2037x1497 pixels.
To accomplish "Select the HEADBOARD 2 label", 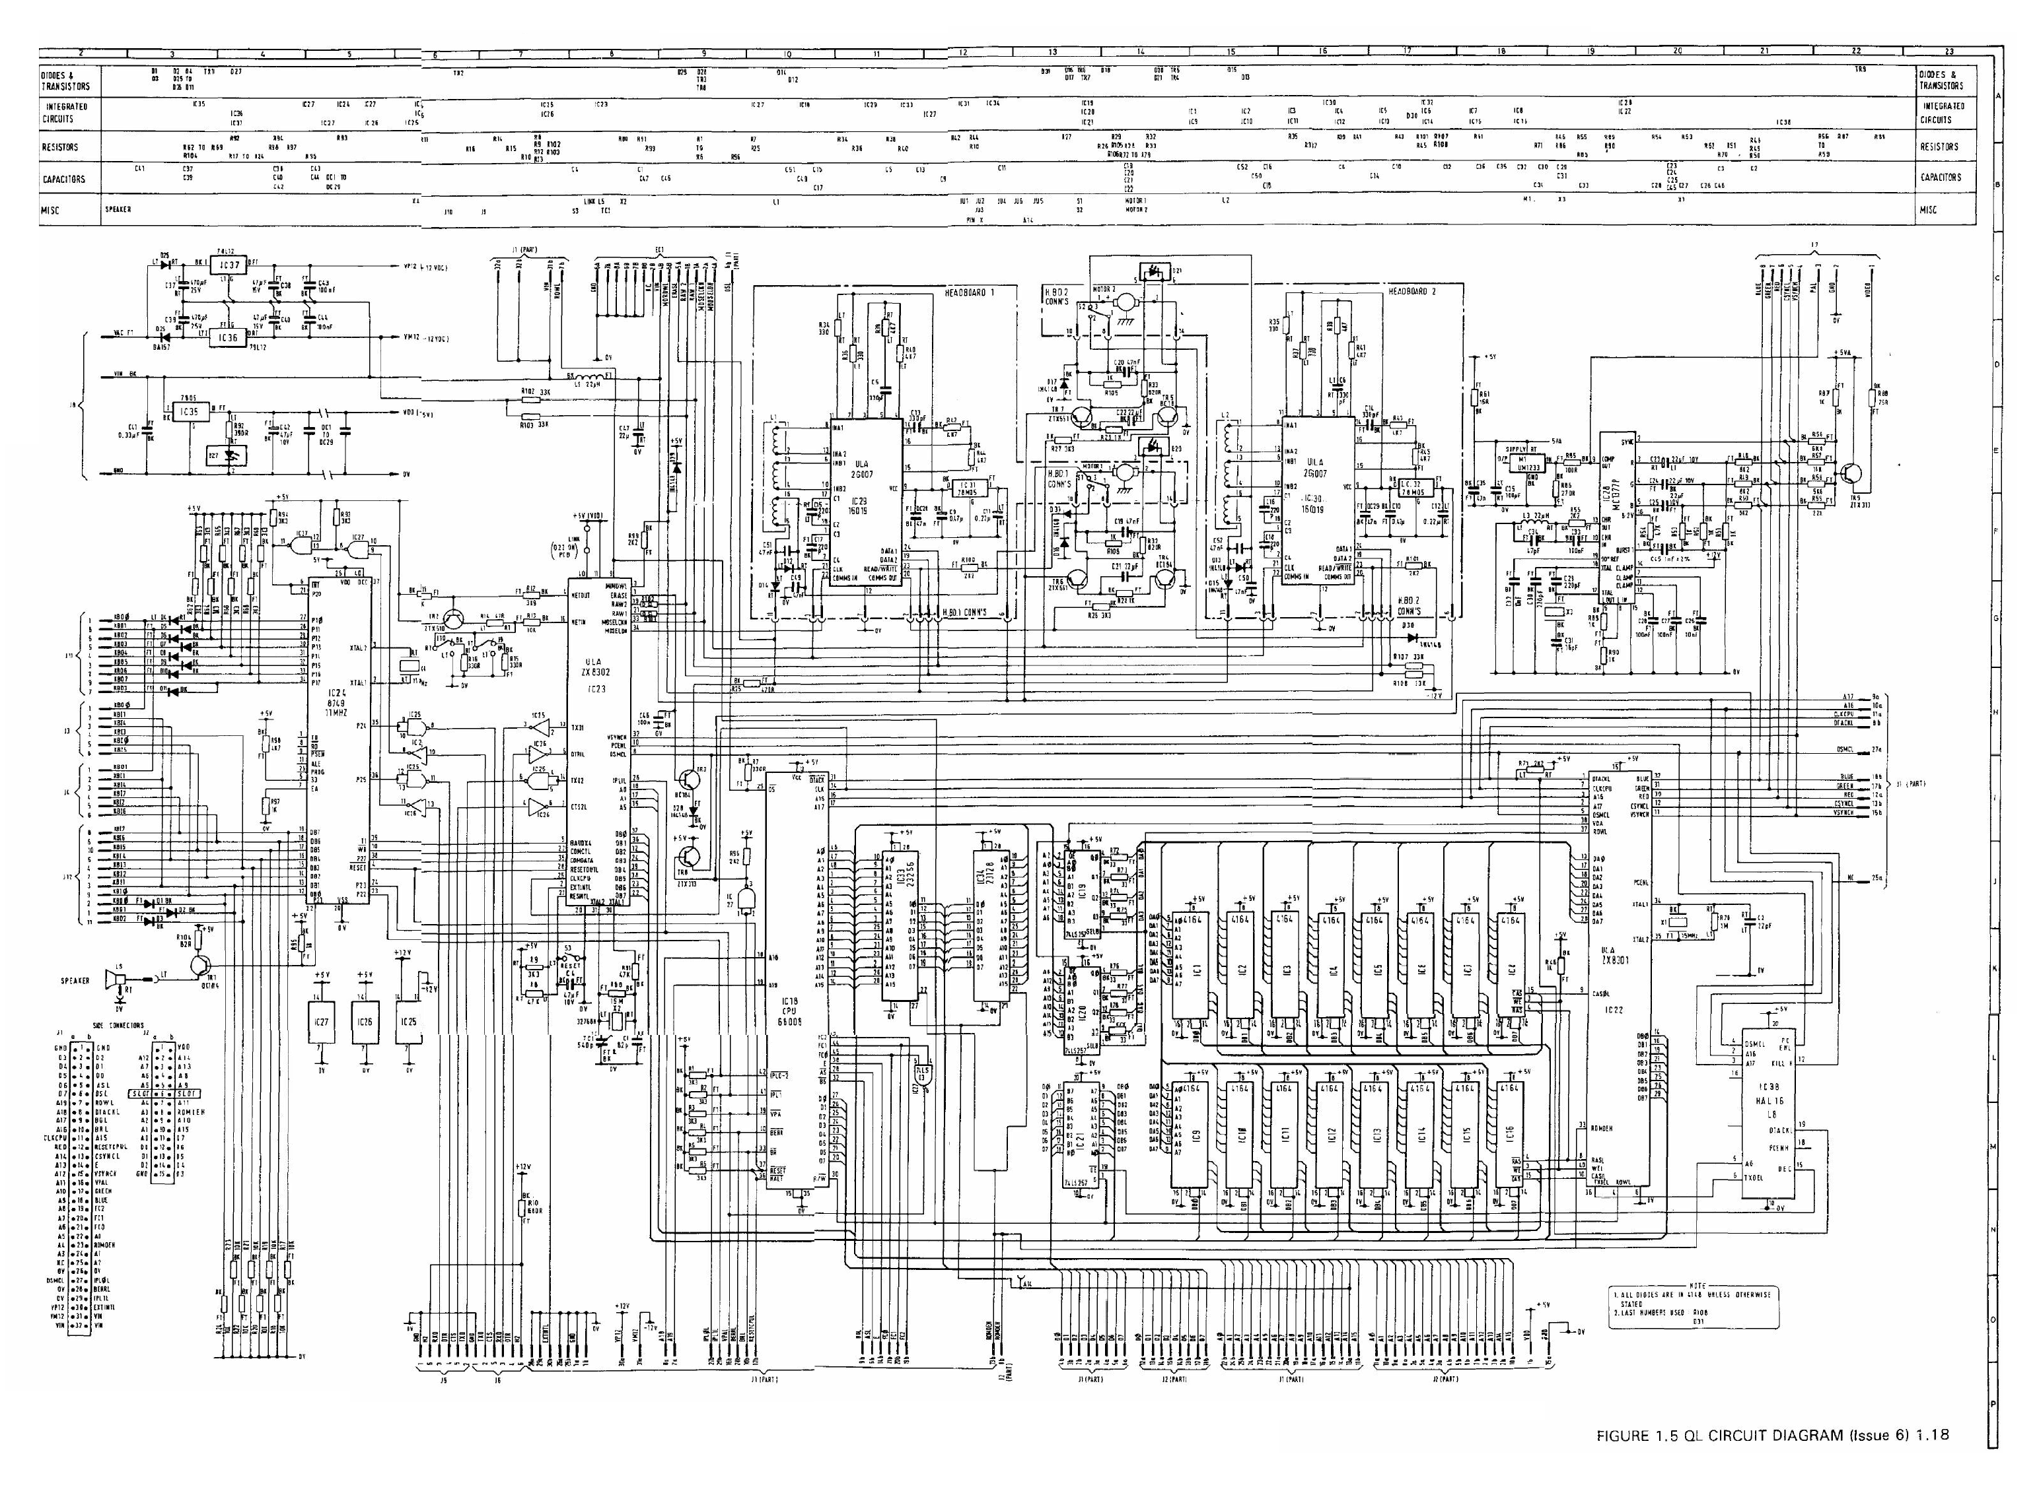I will click(1412, 292).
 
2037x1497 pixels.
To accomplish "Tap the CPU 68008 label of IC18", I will click(788, 1014).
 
